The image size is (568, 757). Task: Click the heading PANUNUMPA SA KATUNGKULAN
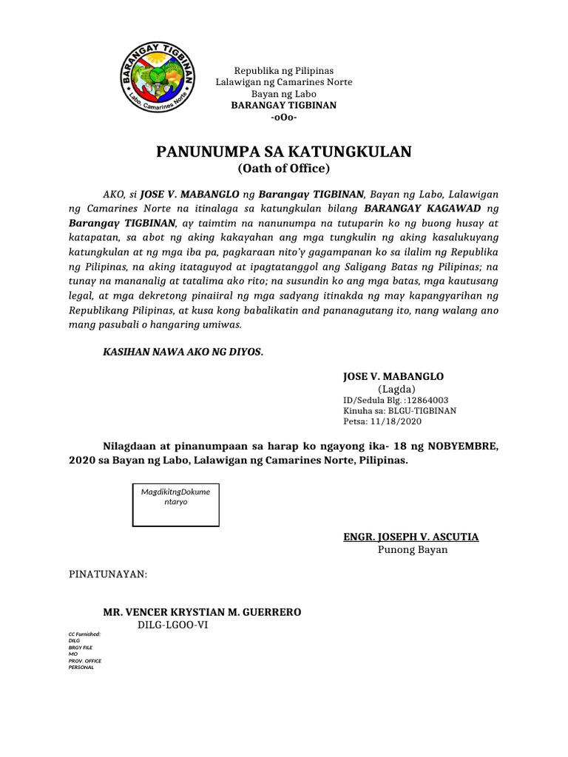coord(283,152)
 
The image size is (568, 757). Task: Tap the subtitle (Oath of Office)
coord(283,169)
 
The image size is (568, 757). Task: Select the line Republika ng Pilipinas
coord(283,69)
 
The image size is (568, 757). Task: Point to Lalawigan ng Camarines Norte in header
coord(283,81)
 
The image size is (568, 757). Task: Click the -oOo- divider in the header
coord(283,118)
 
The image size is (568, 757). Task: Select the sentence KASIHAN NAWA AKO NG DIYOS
coord(183,352)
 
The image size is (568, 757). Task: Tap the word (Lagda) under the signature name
coord(397,389)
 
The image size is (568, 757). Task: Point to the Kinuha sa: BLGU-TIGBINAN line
coord(399,410)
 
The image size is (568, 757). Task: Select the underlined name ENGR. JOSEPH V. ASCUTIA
coord(410,537)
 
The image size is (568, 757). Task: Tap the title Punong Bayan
coord(413,550)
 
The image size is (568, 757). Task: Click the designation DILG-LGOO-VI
coord(178,625)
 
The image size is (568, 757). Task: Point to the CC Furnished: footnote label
coord(84,635)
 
